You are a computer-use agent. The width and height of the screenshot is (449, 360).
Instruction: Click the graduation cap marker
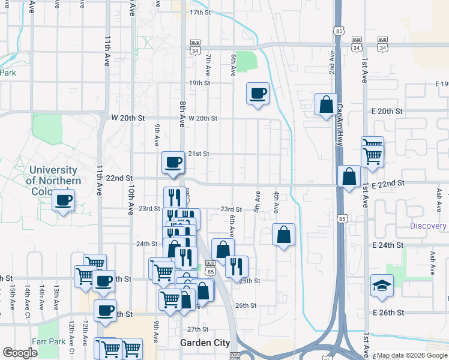pos(382,285)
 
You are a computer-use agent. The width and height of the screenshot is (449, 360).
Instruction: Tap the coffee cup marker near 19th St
pos(258,93)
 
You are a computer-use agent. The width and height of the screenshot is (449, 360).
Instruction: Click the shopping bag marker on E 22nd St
pos(349,176)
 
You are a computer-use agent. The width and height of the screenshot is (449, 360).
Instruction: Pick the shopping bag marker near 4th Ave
pos(283,235)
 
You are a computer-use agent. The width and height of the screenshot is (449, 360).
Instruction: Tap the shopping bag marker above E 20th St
pos(326,104)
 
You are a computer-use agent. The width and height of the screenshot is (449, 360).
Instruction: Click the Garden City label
pos(205,343)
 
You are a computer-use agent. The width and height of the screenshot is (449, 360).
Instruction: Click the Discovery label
pos(429,226)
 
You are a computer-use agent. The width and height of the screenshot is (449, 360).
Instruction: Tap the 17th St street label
pos(201,12)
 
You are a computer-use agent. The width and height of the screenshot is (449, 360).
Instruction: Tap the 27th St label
pos(197,329)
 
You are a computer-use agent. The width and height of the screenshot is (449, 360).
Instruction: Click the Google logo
pos(20,353)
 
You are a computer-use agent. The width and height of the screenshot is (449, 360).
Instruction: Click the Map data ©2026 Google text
pos(412,355)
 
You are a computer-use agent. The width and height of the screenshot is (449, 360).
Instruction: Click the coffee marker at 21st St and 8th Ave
pos(173,162)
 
